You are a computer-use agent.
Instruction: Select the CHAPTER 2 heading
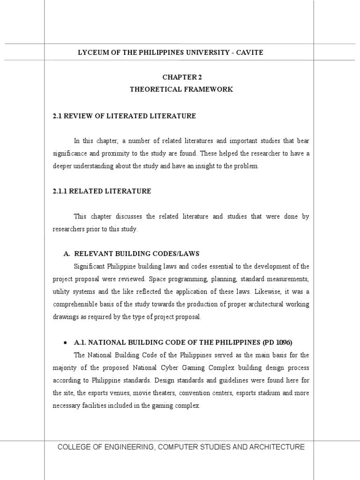point(181,77)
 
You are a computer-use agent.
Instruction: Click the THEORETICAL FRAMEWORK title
point(181,89)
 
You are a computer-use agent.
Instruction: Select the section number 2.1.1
point(61,191)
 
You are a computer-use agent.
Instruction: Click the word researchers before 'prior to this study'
point(69,229)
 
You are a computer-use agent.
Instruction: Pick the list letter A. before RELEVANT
point(67,254)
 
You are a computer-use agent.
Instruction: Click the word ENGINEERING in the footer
point(127,447)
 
